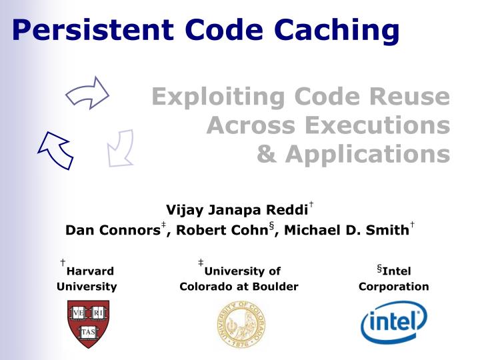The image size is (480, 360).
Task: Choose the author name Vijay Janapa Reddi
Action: [x=237, y=211]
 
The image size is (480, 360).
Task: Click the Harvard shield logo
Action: [x=87, y=323]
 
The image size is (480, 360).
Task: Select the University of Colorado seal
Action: [x=241, y=325]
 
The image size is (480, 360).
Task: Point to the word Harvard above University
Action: [x=91, y=271]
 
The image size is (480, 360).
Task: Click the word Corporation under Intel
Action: [x=393, y=287]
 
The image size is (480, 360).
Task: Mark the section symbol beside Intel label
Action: [x=379, y=269]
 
